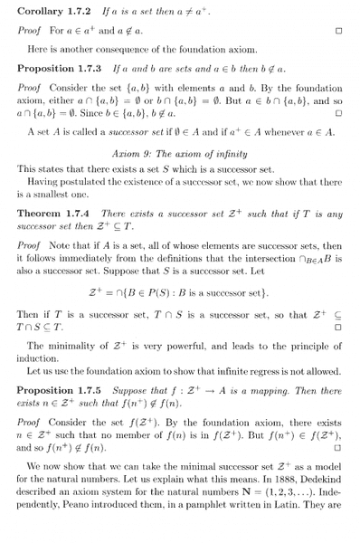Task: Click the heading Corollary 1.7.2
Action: tap(55, 9)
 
